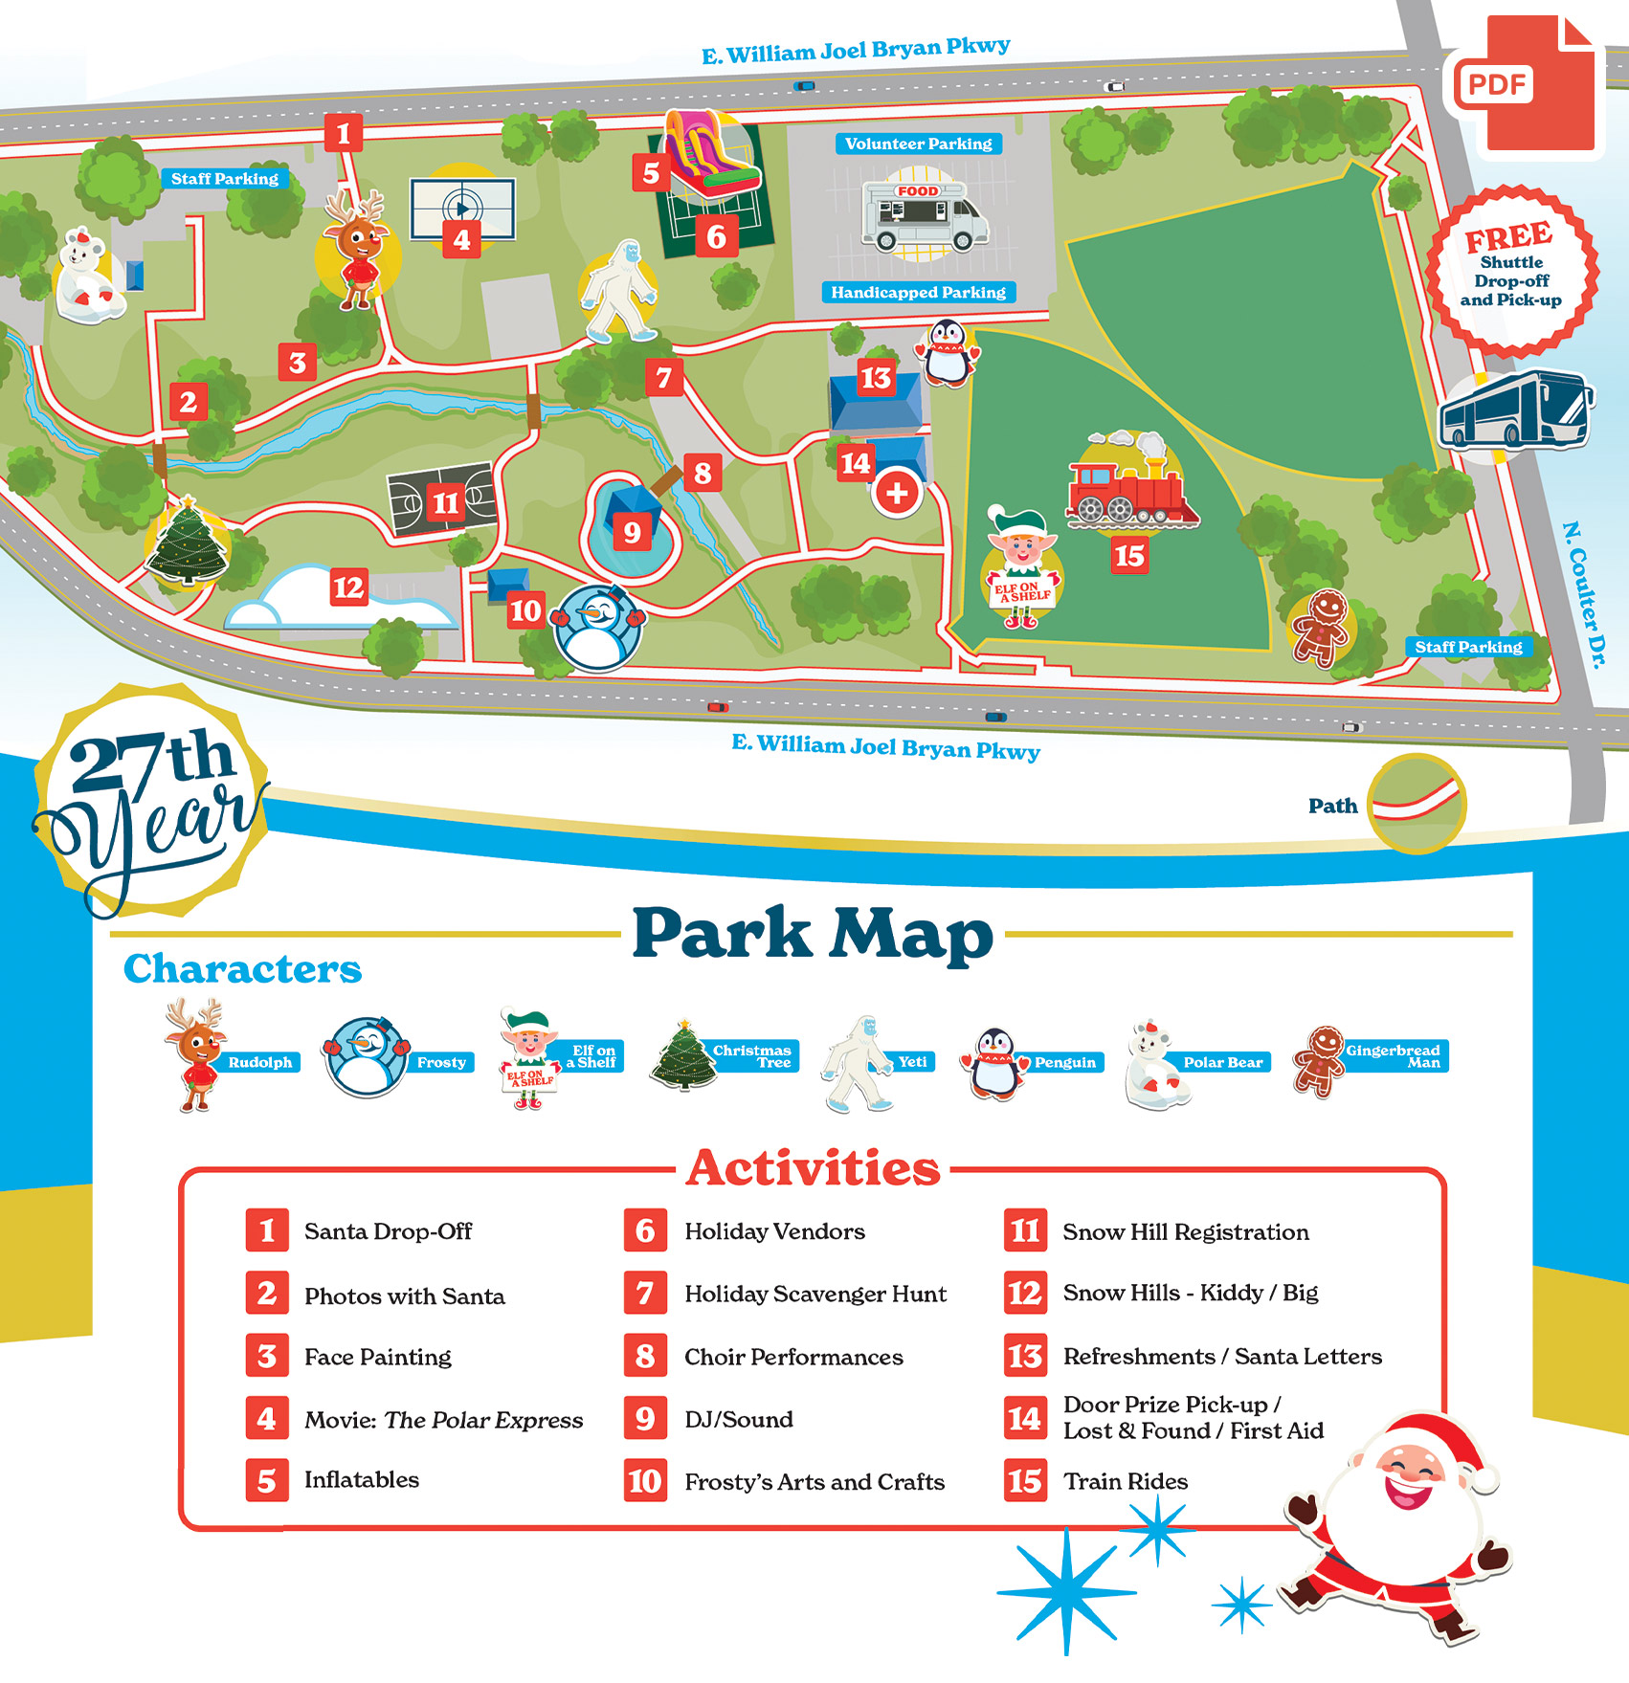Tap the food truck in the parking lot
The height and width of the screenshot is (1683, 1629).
coord(924,214)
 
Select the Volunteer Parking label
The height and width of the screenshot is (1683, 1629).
coord(918,144)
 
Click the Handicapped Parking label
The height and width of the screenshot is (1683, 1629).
coord(918,292)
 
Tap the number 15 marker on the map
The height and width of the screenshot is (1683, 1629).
coord(1129,555)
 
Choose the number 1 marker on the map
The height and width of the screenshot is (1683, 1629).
coord(343,133)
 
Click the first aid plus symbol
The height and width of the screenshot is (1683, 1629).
coord(897,493)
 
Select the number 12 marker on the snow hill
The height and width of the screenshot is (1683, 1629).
coord(348,587)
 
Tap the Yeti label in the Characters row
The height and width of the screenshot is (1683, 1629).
coord(912,1061)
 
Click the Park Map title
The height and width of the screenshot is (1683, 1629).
coord(813,934)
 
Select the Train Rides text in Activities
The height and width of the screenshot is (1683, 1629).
coord(1125,1481)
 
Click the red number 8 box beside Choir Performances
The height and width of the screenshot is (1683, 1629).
coord(645,1356)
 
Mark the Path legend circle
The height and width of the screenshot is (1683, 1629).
coord(1416,803)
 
